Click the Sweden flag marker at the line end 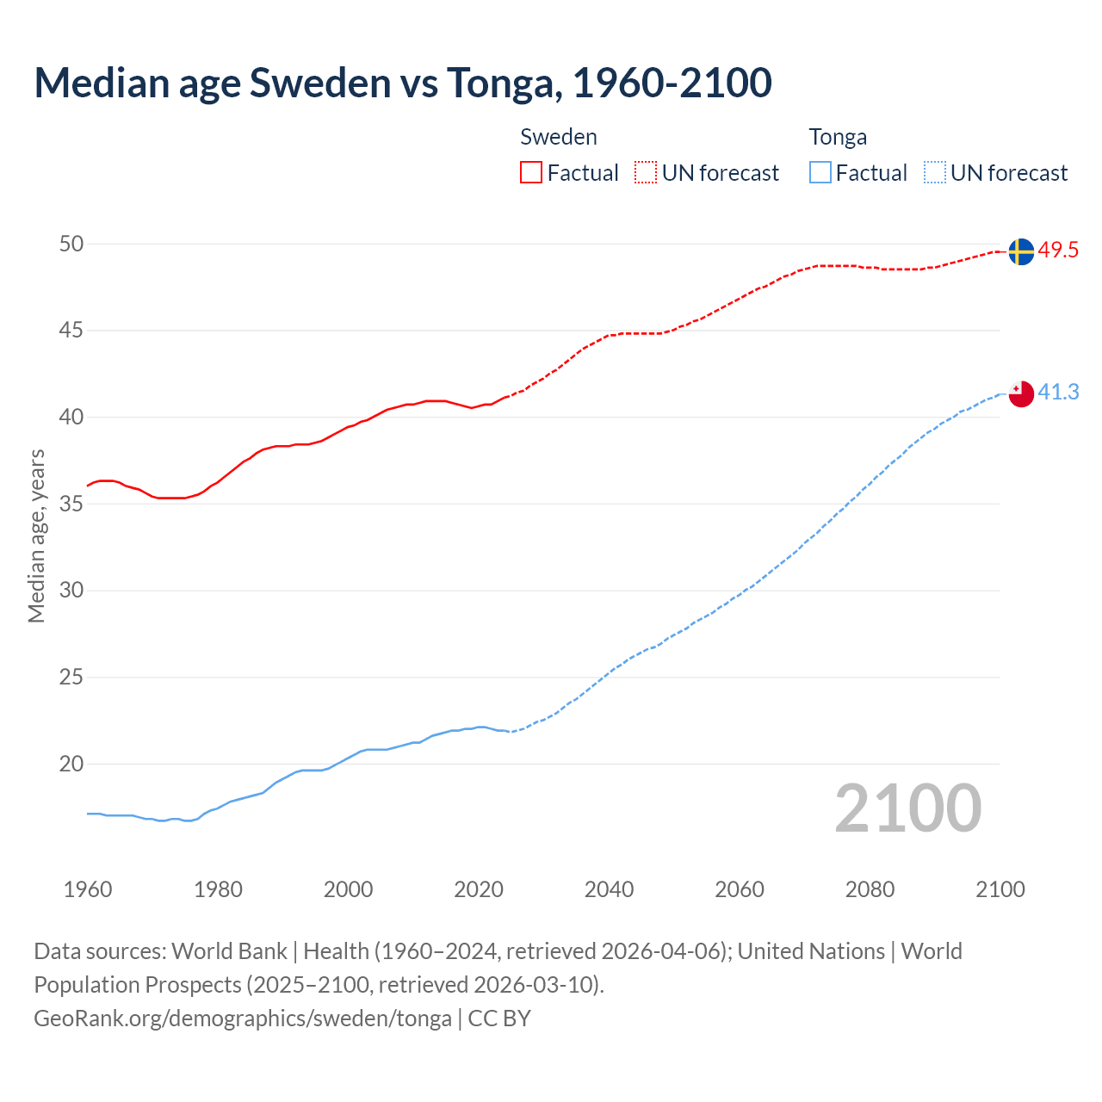pos(1020,251)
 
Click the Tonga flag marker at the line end pos(1020,394)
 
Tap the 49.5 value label pos(1058,251)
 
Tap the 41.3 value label pos(1058,393)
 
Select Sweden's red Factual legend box pos(531,173)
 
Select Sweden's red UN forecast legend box pos(646,173)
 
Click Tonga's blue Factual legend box pos(820,173)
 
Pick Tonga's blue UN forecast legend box pos(934,173)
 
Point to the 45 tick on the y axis pos(71,331)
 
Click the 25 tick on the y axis pos(71,678)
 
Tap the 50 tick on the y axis pos(71,245)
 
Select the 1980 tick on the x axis pos(218,889)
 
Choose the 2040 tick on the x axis pos(609,889)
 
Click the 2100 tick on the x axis pos(1000,889)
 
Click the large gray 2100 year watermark pos(907,808)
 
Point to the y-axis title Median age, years pos(36,536)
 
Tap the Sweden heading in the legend pos(558,137)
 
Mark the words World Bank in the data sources pos(229,951)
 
